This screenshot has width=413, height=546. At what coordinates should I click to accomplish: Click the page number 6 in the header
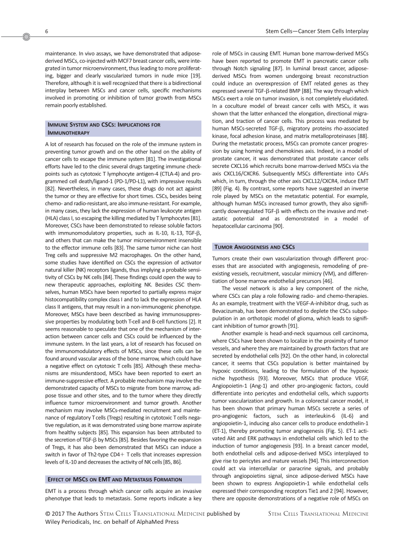(46, 32)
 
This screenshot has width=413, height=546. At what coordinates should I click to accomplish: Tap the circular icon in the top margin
(26, 36)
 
